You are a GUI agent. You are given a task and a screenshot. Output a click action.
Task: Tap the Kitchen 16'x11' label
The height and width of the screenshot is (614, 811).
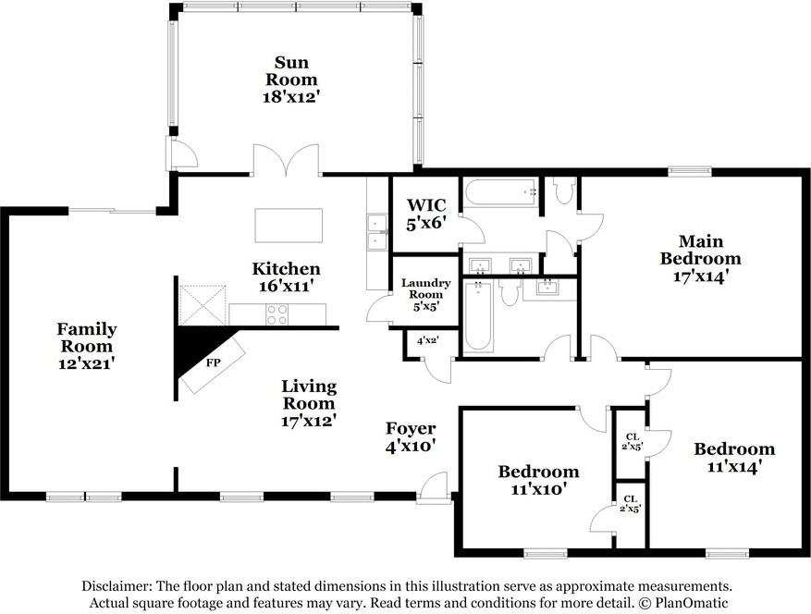pos(286,277)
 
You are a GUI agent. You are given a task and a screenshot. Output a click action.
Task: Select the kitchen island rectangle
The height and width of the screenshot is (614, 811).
pos(289,225)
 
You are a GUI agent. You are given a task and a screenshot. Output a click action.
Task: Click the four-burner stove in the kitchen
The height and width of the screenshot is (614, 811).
pos(276,314)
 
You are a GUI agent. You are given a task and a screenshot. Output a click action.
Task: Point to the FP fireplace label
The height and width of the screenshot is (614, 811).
pos(213,362)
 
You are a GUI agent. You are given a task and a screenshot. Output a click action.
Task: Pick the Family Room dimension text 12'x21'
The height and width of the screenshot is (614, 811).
pos(86,363)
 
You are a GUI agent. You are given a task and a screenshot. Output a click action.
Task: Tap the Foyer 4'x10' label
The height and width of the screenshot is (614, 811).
pos(411,437)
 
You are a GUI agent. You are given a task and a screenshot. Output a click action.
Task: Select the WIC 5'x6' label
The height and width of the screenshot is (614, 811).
pos(425,214)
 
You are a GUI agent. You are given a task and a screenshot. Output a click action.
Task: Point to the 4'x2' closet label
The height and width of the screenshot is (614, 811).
pos(428,341)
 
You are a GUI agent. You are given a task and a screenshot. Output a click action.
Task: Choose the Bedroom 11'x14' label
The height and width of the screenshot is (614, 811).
pos(734,458)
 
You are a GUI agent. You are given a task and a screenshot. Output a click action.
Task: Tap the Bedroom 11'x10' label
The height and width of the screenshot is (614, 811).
pos(538,480)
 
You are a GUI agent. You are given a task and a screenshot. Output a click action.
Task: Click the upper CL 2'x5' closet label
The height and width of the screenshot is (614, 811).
pos(632,442)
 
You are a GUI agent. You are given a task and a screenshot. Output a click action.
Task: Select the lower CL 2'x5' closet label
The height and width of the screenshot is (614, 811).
pos(630,503)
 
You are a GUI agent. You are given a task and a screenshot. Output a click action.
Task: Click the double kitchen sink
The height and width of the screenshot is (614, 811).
pos(377,232)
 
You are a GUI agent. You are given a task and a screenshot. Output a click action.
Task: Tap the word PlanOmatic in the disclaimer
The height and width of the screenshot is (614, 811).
pos(691,603)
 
